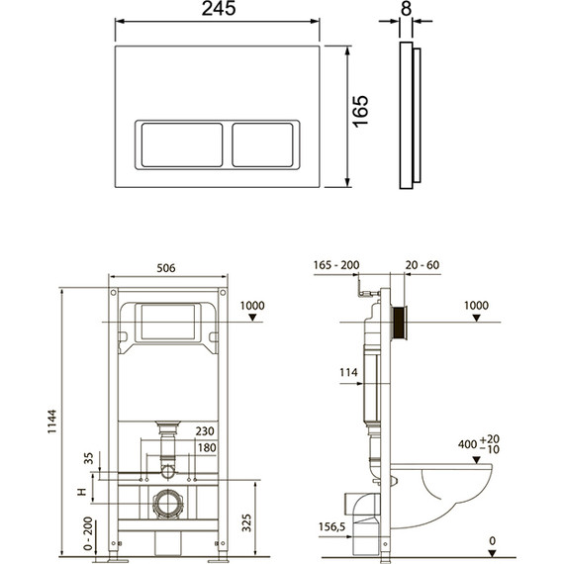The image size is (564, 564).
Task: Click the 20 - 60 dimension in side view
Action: coord(421,265)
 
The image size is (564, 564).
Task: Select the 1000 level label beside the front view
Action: coord(251,307)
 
